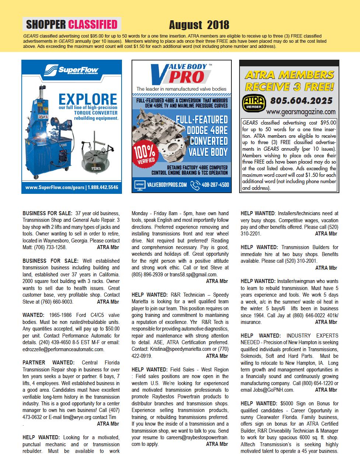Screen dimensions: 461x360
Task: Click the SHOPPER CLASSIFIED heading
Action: [72, 24]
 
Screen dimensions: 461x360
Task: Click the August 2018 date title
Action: [199, 25]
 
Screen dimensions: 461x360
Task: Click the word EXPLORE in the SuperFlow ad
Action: [88, 99]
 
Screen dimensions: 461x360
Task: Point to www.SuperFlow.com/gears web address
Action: [55, 187]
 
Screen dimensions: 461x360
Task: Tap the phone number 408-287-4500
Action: [215, 185]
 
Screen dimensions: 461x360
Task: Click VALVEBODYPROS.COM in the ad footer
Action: [167, 185]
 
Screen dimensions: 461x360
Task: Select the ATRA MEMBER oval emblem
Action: [254, 103]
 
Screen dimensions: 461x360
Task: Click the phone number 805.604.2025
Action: [301, 101]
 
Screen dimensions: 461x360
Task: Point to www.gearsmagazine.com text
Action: [301, 112]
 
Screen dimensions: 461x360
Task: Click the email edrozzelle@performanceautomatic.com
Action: [63, 349]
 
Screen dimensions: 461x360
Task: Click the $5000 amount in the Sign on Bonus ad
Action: [287, 404]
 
